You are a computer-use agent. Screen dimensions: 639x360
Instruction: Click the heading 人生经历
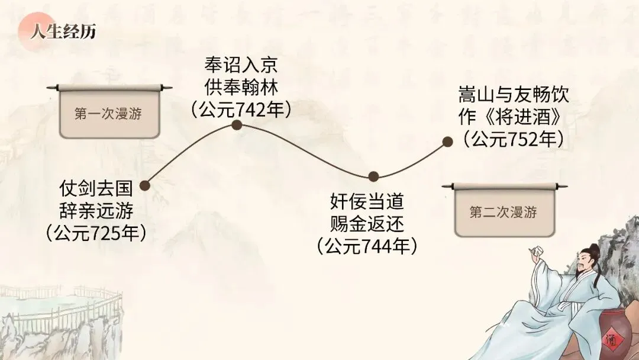63,31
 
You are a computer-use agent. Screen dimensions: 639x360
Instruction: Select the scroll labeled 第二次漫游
504,212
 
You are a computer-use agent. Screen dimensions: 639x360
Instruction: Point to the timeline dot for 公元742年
236,125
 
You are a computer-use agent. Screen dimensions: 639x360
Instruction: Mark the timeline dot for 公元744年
373,176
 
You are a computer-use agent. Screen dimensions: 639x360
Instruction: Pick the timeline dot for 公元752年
448,142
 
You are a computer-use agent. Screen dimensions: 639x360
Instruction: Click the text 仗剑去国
96,189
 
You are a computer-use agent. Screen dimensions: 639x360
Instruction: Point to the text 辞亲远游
96,210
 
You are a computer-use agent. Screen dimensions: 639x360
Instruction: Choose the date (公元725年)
96,233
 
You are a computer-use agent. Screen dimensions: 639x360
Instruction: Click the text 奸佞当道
367,202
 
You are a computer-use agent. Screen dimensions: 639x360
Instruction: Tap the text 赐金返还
367,224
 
